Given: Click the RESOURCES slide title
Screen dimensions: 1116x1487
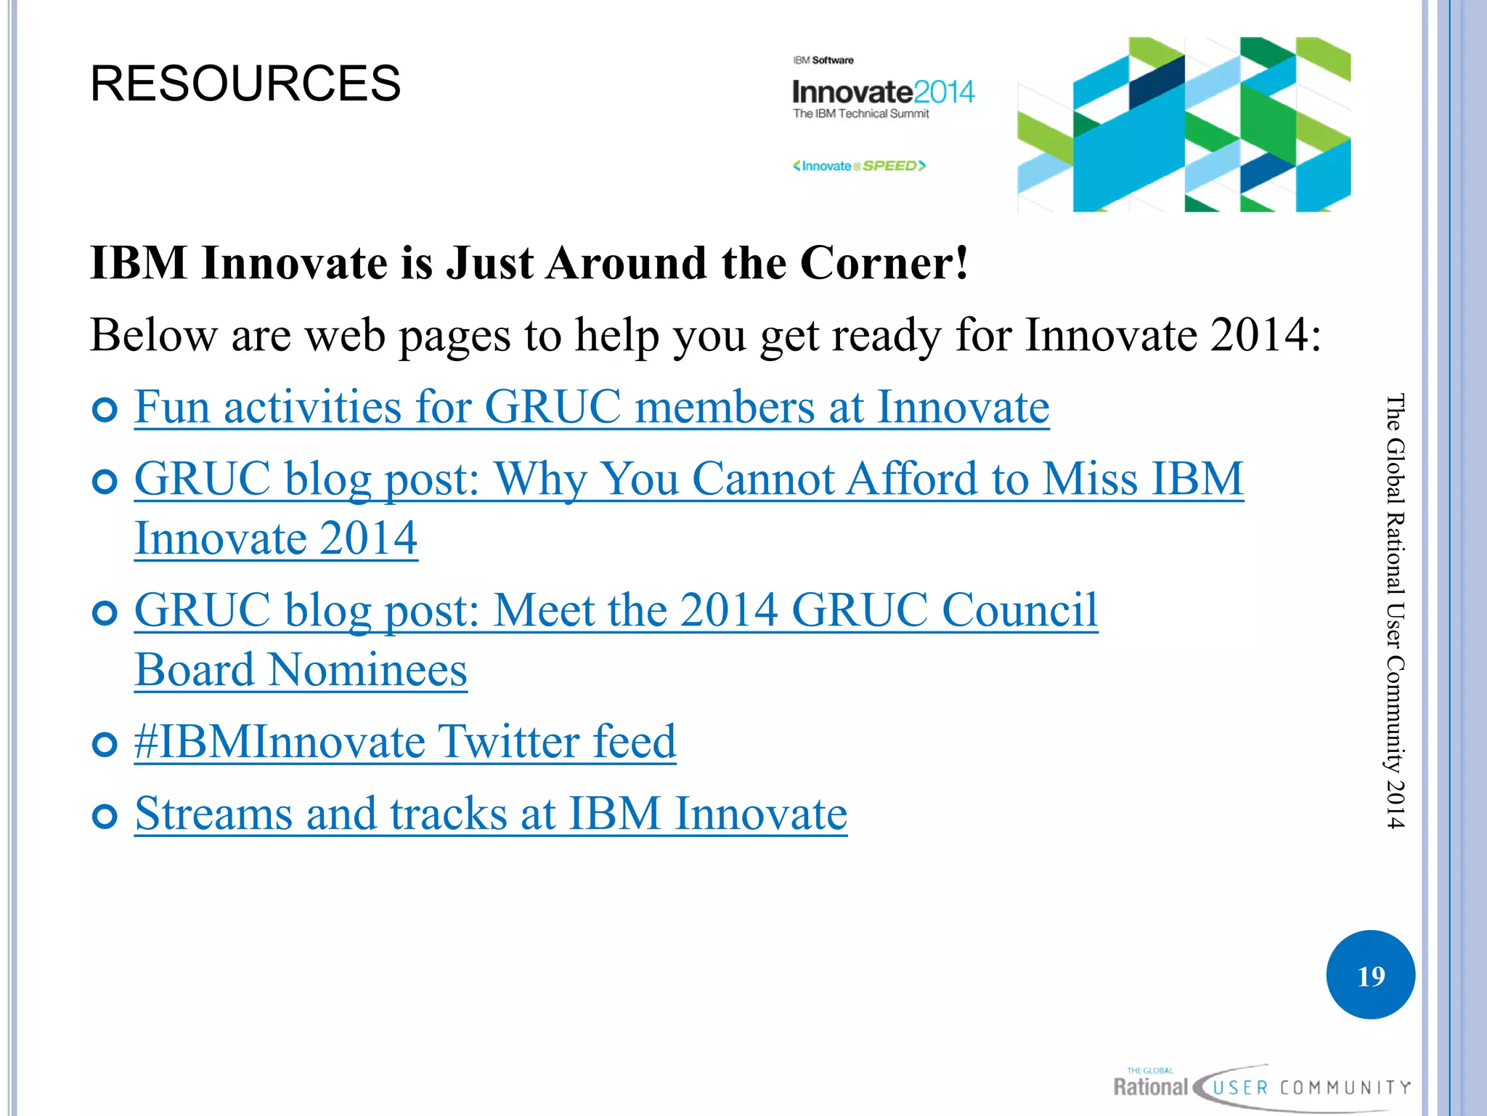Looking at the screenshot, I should click(245, 83).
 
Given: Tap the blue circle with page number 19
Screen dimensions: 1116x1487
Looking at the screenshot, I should click(1370, 975).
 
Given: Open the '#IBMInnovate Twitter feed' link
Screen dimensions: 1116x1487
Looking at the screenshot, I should click(405, 742).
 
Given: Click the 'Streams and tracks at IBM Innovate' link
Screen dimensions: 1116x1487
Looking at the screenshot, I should click(491, 814).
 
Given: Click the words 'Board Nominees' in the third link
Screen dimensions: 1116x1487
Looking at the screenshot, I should click(301, 670).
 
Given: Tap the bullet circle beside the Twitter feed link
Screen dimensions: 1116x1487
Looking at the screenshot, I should click(105, 745).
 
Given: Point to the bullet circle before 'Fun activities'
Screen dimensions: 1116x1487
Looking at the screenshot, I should click(105, 410).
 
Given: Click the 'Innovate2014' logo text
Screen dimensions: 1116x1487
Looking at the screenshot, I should click(883, 92).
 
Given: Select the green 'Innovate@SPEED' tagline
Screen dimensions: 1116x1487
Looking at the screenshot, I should click(859, 166).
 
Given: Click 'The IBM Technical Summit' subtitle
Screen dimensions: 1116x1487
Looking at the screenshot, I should click(860, 114).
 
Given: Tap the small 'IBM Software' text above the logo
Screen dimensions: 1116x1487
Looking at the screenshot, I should click(823, 60).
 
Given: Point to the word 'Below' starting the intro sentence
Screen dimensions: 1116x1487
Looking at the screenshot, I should click(153, 335).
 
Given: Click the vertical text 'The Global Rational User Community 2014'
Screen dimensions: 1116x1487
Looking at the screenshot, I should click(1395, 610).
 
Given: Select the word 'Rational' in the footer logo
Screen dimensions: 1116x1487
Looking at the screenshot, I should click(1150, 1087).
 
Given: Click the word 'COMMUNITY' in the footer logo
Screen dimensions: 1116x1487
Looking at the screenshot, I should click(1345, 1088).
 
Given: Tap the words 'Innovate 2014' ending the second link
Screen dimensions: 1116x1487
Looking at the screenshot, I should click(276, 538).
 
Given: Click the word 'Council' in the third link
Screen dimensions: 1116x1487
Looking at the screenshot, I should click(1019, 610).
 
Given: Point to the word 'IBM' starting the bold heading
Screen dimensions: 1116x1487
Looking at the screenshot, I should click(139, 262).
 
